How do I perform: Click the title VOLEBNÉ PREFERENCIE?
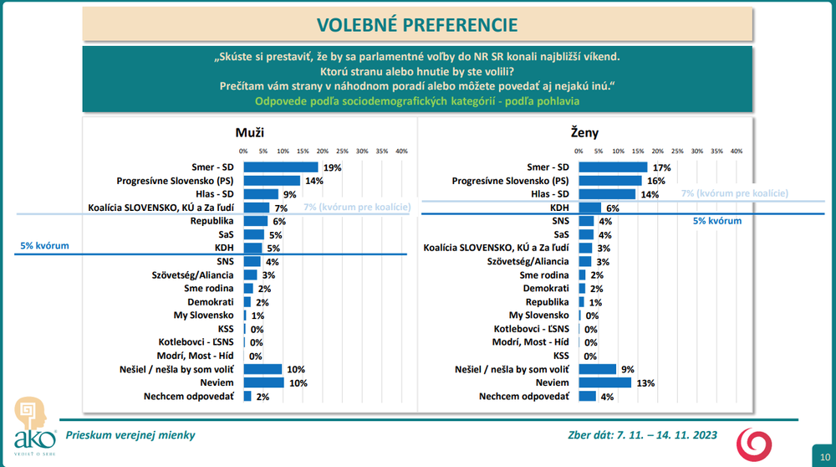[418, 24]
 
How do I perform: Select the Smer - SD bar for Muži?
[281, 167]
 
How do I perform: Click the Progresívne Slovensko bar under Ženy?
[609, 180]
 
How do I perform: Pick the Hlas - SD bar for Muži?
[261, 193]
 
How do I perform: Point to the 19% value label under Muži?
[333, 167]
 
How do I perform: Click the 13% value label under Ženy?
[645, 383]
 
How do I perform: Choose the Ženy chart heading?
[586, 131]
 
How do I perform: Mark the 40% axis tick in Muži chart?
[401, 151]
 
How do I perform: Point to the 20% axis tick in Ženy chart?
[658, 151]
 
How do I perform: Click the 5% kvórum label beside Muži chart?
[44, 246]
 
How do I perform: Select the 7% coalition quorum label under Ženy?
[735, 193]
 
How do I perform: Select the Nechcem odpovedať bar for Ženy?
[587, 396]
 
